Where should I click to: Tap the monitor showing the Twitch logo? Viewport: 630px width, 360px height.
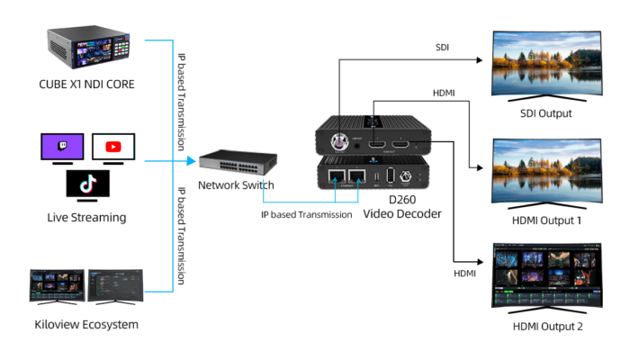tap(61, 147)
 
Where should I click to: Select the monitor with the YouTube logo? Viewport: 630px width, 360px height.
tap(113, 146)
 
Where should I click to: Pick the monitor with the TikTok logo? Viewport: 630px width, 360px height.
tap(88, 184)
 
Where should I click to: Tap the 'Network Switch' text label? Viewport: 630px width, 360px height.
tap(238, 185)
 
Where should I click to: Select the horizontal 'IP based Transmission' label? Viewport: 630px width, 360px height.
tap(306, 215)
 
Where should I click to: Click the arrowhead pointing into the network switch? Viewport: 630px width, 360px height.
tap(192, 162)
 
